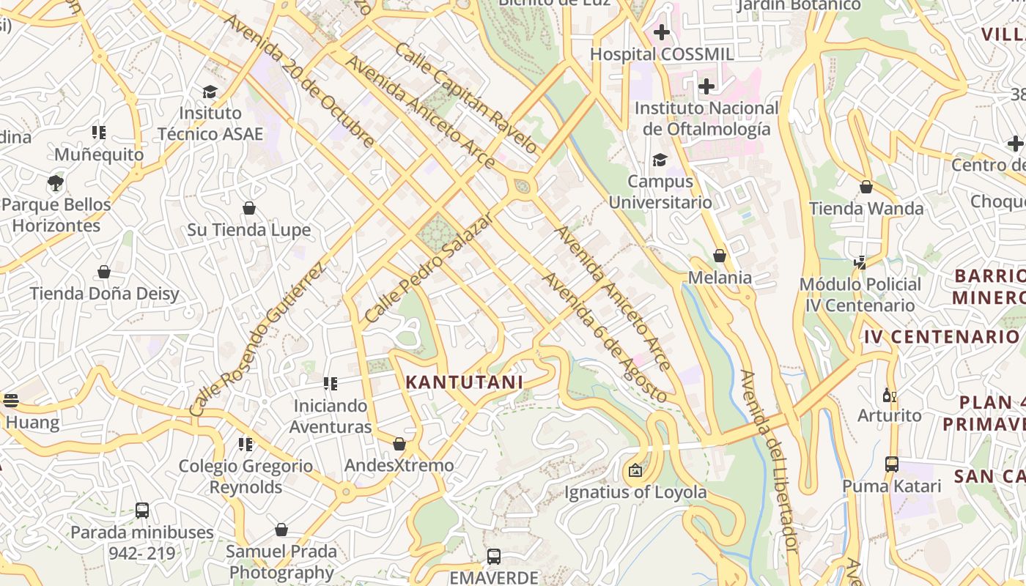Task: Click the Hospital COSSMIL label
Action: (661, 54)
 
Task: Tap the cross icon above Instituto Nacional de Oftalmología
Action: (706, 86)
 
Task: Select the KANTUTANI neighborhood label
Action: (464, 382)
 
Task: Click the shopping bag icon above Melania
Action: (720, 256)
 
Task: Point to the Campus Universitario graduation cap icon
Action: (660, 160)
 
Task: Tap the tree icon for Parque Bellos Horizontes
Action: (56, 182)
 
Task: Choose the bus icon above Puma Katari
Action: (892, 464)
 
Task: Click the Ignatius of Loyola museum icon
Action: (635, 470)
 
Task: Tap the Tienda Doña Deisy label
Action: (104, 294)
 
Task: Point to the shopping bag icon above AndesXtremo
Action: (399, 444)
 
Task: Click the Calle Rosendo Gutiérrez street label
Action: (256, 340)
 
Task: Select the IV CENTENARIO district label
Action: (942, 337)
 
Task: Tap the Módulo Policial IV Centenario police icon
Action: (860, 262)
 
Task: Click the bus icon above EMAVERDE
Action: (494, 556)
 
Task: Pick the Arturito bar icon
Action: (890, 395)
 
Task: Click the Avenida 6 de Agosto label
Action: (604, 338)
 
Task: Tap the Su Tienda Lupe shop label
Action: (248, 230)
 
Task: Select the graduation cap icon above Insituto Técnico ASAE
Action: (210, 92)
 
